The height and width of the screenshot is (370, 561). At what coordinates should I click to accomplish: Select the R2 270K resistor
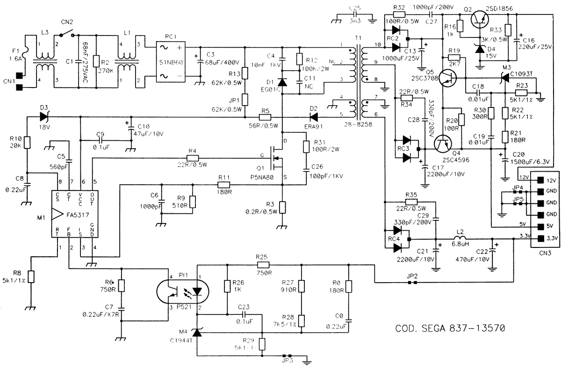(96, 61)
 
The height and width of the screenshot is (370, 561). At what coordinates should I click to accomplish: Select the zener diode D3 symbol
(45, 117)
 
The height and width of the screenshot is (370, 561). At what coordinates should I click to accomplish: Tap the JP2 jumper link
(412, 283)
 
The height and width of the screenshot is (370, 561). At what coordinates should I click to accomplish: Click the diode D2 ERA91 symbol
(313, 117)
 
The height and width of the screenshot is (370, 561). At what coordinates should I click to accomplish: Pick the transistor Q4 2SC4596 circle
(443, 145)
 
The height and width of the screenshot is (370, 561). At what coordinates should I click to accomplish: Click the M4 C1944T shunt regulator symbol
(197, 333)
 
